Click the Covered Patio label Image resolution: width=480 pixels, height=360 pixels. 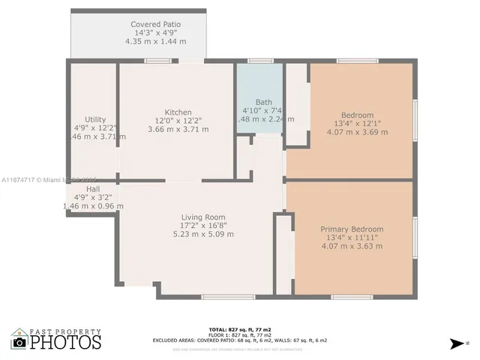pyautogui.click(x=155, y=24)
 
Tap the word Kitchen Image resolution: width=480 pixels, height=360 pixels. pyautogui.click(x=178, y=112)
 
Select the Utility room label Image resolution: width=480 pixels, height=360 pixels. pyautogui.click(x=95, y=119)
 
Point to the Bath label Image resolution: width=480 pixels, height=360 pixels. pyautogui.click(x=263, y=102)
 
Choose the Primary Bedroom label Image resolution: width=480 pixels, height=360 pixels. pyautogui.click(x=352, y=229)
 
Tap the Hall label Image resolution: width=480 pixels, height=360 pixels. pyautogui.click(x=93, y=190)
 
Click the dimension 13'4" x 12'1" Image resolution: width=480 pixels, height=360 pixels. pyautogui.click(x=357, y=124)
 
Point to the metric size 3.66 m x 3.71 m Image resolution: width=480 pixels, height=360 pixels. pyautogui.click(x=178, y=129)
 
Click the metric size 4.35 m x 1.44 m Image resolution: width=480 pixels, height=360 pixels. pyautogui.click(x=155, y=41)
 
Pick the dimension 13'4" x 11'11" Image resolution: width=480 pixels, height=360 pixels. pyautogui.click(x=352, y=238)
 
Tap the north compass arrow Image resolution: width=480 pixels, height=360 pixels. pyautogui.click(x=457, y=343)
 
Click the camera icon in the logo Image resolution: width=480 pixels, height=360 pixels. pyautogui.click(x=20, y=342)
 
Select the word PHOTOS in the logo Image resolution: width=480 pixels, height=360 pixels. pyautogui.click(x=66, y=342)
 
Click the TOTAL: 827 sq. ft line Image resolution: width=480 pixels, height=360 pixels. pyautogui.click(x=239, y=329)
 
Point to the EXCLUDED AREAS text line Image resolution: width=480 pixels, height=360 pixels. pyautogui.click(x=239, y=340)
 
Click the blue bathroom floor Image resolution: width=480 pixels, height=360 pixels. pyautogui.click(x=259, y=82)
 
